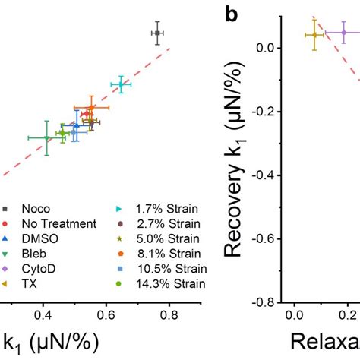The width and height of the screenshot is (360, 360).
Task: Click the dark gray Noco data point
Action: [156, 33]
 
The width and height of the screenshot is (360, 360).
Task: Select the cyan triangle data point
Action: [121, 85]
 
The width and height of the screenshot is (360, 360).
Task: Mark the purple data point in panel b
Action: [343, 33]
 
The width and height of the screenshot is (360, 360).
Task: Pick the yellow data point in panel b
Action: [314, 35]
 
